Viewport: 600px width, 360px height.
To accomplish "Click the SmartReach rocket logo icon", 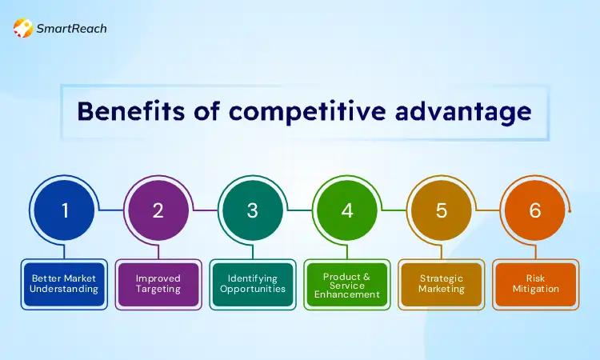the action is [23, 28].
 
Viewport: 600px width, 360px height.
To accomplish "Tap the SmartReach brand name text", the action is [71, 28].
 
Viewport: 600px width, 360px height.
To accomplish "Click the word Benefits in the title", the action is [131, 111].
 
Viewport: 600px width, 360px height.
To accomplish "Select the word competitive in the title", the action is [307, 113].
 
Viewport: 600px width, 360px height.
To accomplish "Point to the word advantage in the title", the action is [463, 113].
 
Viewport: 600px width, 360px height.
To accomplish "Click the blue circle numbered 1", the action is [64, 210].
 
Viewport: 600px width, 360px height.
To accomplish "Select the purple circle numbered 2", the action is [158, 210].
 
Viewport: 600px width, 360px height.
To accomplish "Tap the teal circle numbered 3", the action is [253, 210].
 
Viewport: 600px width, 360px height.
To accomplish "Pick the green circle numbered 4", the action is [347, 210].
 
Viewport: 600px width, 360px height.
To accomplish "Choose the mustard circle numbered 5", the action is [441, 210].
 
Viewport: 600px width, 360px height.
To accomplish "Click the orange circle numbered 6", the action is [535, 210].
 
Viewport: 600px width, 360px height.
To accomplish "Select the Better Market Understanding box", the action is [64, 284].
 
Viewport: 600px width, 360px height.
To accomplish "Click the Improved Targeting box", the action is [158, 284].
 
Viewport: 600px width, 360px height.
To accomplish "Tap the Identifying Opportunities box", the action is [253, 284].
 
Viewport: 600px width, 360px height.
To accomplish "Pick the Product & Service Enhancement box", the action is [347, 284].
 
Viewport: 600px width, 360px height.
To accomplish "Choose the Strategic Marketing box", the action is [441, 284].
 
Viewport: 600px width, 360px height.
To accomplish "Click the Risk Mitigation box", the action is [535, 284].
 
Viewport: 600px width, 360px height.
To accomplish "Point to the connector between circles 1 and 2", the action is [111, 210].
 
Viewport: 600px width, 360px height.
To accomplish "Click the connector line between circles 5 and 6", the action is [488, 210].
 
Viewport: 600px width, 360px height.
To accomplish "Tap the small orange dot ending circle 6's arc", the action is [570, 210].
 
